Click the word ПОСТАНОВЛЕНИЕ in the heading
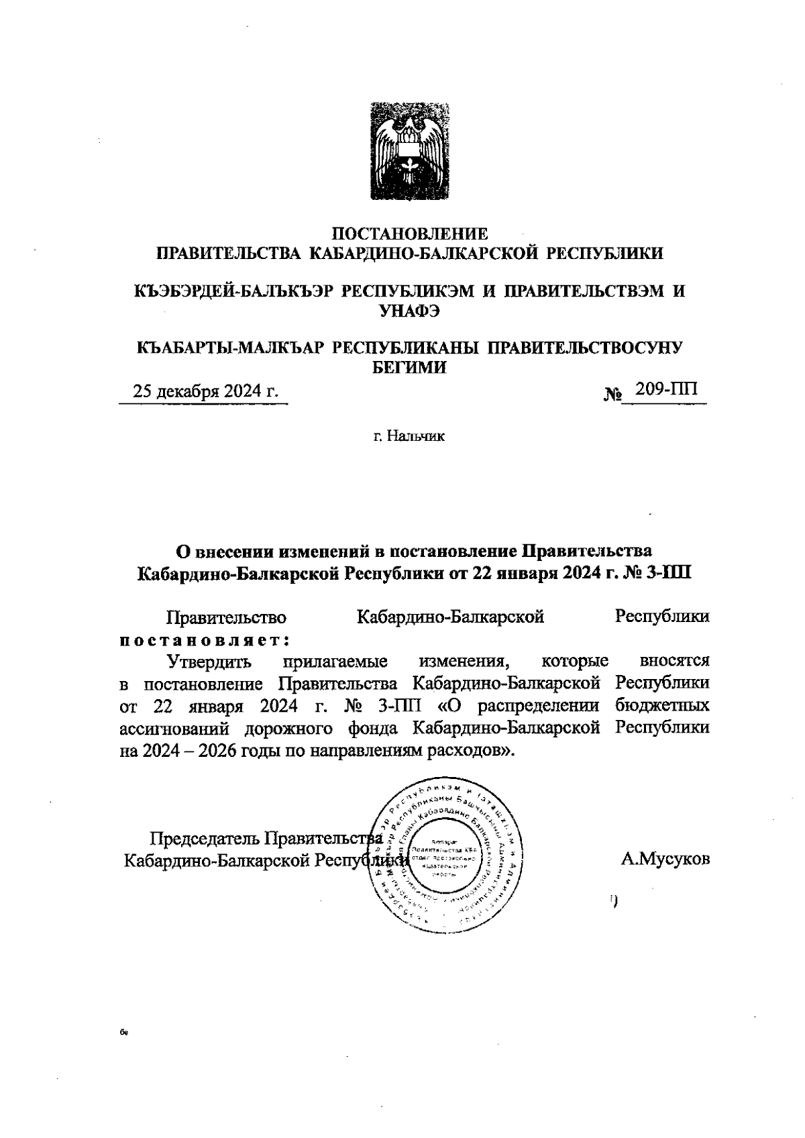click(411, 234)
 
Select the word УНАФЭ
click(410, 310)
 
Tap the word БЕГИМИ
click(409, 366)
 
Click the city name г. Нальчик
click(410, 437)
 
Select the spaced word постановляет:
click(204, 639)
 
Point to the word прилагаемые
click(336, 661)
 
